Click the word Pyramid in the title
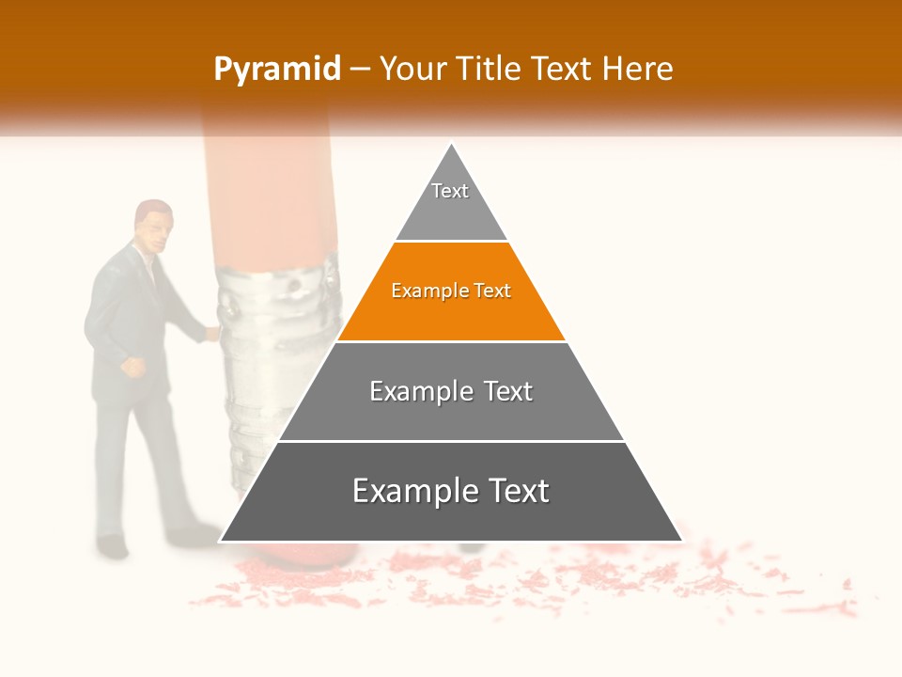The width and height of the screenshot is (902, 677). point(276,70)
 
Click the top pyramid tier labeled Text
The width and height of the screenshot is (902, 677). point(450,202)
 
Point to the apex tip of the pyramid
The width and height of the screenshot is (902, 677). point(452,147)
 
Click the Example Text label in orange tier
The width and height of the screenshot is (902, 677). point(451,291)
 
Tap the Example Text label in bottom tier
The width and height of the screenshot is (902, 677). point(451,491)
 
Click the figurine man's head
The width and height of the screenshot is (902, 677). point(153,224)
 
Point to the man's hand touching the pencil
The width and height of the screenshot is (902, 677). point(212,331)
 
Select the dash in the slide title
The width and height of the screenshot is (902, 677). point(359,70)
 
